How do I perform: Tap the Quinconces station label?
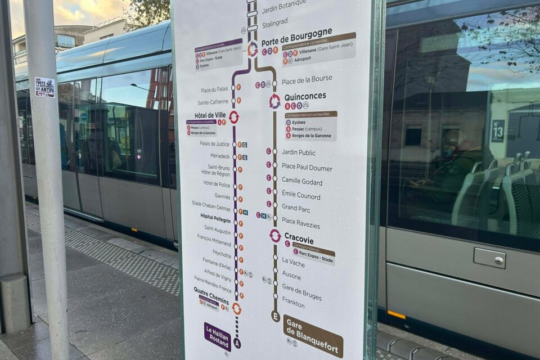click(x=305, y=96)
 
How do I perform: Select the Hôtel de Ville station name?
click(x=210, y=115)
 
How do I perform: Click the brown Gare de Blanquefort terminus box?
click(x=313, y=336)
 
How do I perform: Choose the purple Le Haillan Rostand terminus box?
click(x=217, y=336)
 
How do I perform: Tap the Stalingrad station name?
click(x=274, y=22)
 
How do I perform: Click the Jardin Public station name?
click(x=298, y=152)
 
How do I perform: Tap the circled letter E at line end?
click(x=275, y=316)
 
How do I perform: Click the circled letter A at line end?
click(x=237, y=343)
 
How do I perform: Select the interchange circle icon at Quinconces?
click(x=274, y=101)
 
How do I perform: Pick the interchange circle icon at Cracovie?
click(x=275, y=236)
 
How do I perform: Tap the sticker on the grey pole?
click(x=44, y=87)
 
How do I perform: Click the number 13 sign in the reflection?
click(x=498, y=131)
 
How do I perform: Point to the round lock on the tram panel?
click(x=498, y=260)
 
